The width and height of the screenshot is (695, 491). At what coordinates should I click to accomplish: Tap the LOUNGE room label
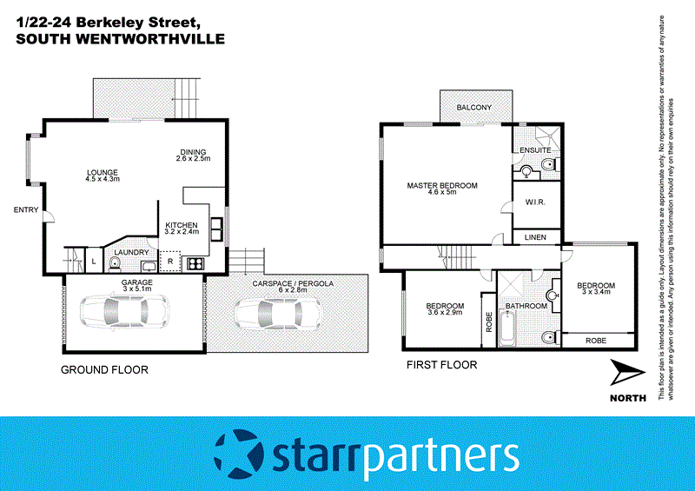pos(102,172)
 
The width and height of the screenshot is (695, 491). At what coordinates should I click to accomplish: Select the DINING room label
pos(192,152)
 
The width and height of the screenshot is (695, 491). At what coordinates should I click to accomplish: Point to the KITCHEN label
pos(182,226)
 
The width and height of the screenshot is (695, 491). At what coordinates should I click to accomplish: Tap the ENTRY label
pos(25,210)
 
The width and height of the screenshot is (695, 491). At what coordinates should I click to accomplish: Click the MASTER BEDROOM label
pos(442,185)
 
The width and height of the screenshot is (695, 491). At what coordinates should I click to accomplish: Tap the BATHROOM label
pos(526,306)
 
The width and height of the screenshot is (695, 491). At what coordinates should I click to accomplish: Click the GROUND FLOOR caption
pos(104,369)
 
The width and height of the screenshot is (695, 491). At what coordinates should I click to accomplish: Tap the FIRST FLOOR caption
pos(442,365)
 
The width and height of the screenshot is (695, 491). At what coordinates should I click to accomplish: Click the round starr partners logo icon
pos(239,454)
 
